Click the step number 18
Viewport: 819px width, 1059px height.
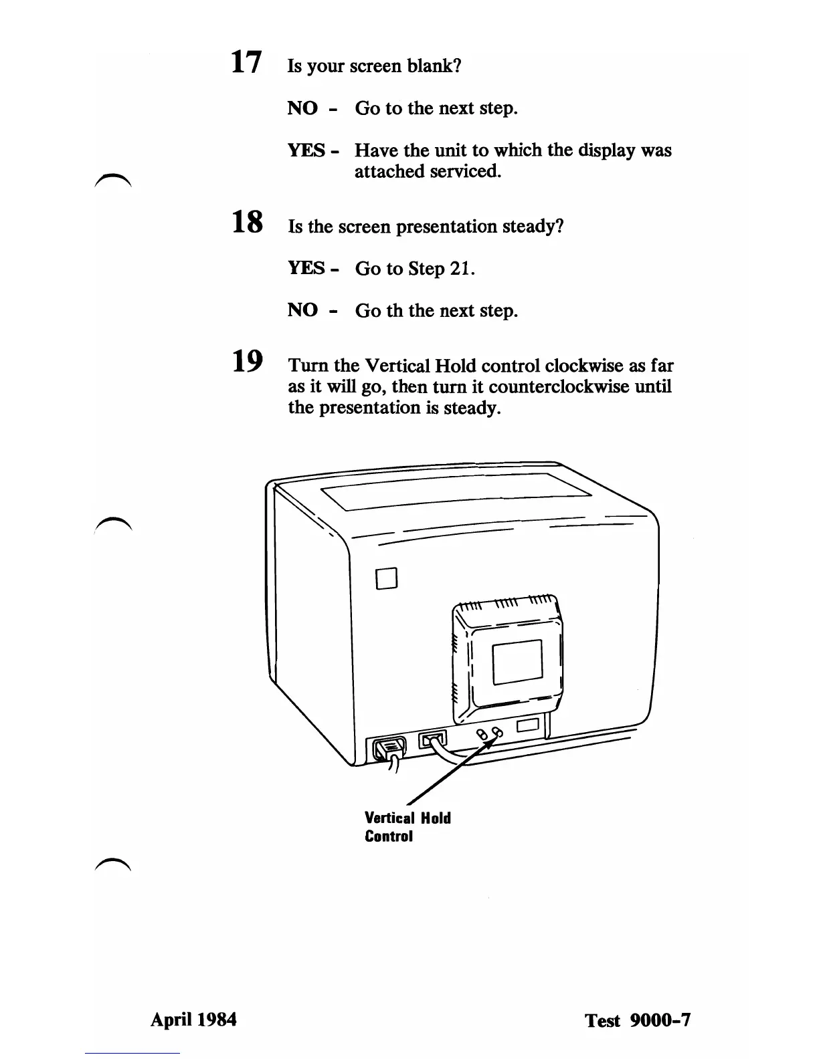[246, 222]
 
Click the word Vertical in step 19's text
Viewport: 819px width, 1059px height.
[397, 366]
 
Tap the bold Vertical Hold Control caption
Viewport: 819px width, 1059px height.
[407, 827]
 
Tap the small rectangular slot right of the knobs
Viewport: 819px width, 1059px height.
[528, 727]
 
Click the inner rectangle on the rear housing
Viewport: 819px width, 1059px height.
[517, 662]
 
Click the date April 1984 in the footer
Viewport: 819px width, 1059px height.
[193, 1020]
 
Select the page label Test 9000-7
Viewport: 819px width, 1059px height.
[637, 1020]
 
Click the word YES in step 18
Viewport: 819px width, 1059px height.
[306, 269]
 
